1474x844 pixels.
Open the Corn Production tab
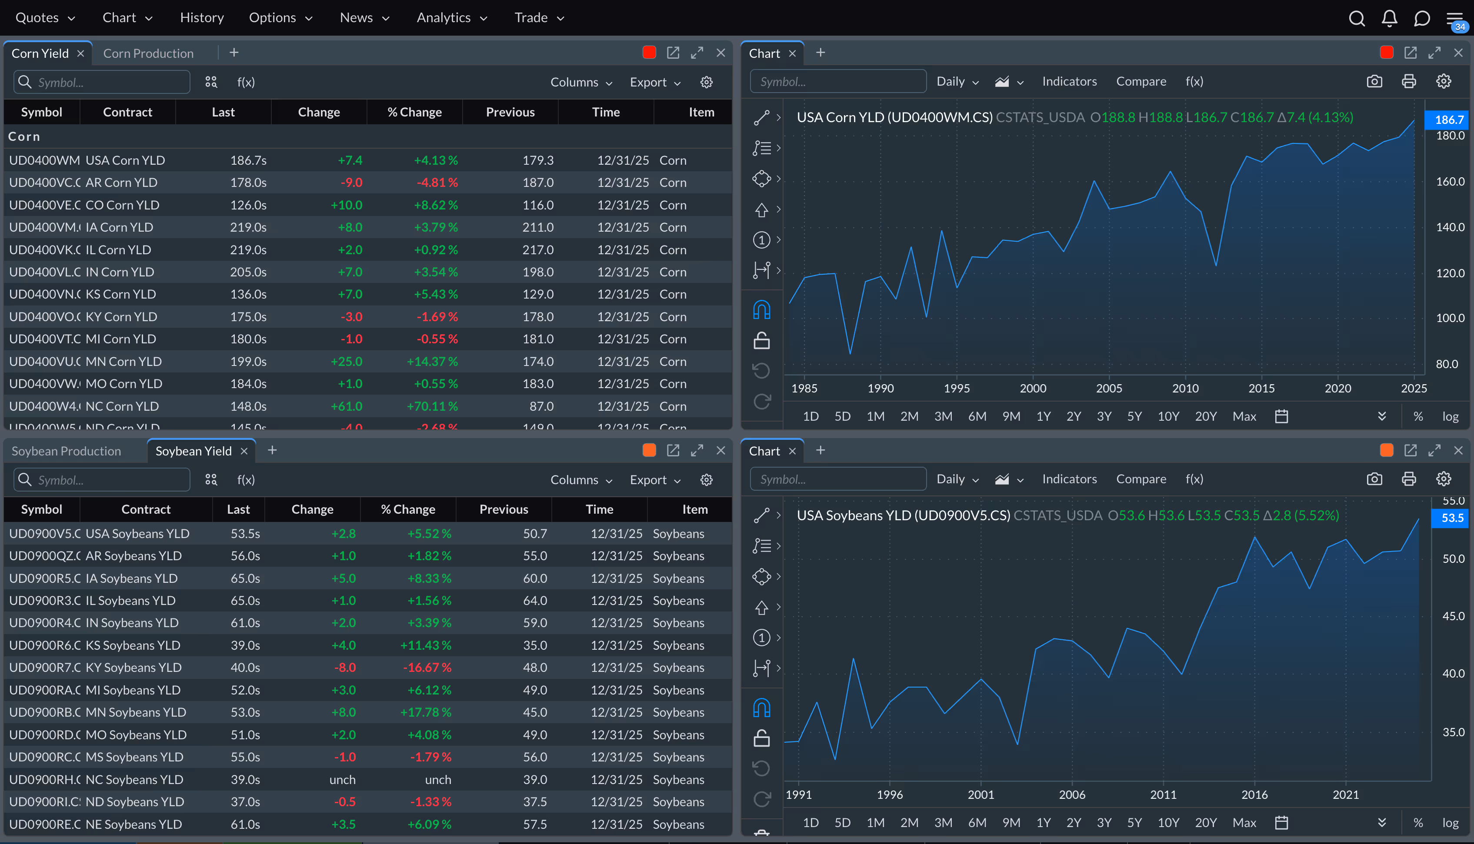tap(148, 53)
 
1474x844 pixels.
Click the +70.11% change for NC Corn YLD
tap(432, 406)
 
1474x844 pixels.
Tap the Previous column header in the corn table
tap(510, 112)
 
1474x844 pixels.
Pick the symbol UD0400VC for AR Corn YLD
tap(44, 182)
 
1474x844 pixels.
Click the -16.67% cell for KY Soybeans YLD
tap(427, 667)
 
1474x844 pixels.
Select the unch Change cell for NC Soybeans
tap(342, 779)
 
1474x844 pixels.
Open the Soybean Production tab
tap(66, 451)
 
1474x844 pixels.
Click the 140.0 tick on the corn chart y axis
tap(1450, 227)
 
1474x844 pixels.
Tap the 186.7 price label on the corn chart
tap(1448, 120)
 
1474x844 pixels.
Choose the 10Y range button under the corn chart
tap(1167, 416)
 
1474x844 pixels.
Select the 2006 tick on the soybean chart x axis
tap(1071, 794)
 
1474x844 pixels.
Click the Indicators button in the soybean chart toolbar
tap(1069, 479)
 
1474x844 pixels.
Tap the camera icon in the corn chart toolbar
tap(1374, 81)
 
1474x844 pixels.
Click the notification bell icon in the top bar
tap(1389, 18)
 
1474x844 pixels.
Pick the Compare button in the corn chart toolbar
tap(1141, 81)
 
